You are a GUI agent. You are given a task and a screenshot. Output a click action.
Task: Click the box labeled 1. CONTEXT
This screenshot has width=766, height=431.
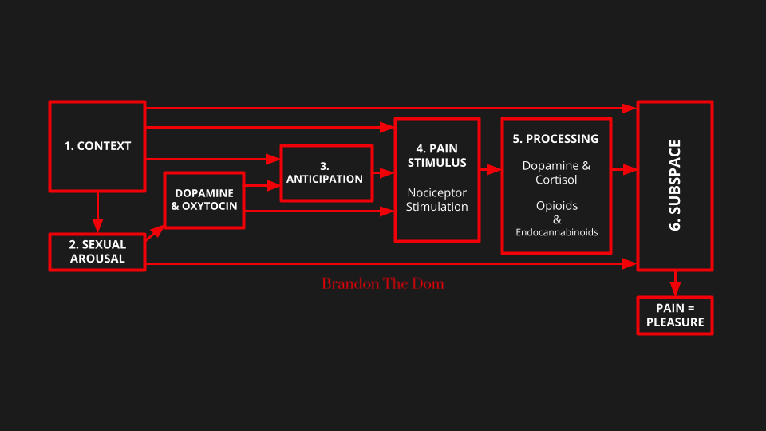pyautogui.click(x=97, y=146)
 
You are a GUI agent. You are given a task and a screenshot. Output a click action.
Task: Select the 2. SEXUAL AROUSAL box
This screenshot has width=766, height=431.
pyautogui.click(x=97, y=251)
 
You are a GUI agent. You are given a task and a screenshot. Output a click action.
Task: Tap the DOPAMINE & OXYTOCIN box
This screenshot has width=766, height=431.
pyautogui.click(x=204, y=200)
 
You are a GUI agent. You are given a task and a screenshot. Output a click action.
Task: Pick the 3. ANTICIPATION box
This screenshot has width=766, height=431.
pyautogui.click(x=326, y=172)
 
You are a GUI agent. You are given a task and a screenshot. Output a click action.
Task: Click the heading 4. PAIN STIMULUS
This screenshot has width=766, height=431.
pyautogui.click(x=436, y=156)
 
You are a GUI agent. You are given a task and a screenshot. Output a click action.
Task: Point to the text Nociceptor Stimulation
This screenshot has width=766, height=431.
pyautogui.click(x=436, y=200)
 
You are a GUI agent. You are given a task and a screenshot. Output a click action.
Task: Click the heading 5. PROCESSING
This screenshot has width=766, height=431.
pyautogui.click(x=555, y=139)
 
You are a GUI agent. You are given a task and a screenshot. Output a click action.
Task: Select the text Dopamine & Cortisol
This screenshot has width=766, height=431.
pyautogui.click(x=555, y=172)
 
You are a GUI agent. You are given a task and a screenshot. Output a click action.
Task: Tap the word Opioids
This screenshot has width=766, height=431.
pyautogui.click(x=555, y=206)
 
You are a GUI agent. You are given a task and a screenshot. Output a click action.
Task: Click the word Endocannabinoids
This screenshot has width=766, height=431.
pyautogui.click(x=555, y=232)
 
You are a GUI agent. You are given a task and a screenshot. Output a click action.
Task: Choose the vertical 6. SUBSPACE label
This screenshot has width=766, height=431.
pyautogui.click(x=674, y=186)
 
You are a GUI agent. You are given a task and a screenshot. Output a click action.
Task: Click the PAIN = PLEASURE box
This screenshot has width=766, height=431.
pyautogui.click(x=674, y=315)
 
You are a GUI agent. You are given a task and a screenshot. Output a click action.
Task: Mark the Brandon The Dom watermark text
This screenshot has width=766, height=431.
pyautogui.click(x=383, y=283)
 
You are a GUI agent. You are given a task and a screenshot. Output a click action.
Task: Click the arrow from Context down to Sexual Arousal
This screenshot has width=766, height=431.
pyautogui.click(x=97, y=212)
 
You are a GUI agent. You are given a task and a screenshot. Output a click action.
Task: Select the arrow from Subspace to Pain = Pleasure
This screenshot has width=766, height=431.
pyautogui.click(x=675, y=283)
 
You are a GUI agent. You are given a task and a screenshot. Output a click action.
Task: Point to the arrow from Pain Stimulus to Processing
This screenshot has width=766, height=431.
pyautogui.click(x=490, y=169)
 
